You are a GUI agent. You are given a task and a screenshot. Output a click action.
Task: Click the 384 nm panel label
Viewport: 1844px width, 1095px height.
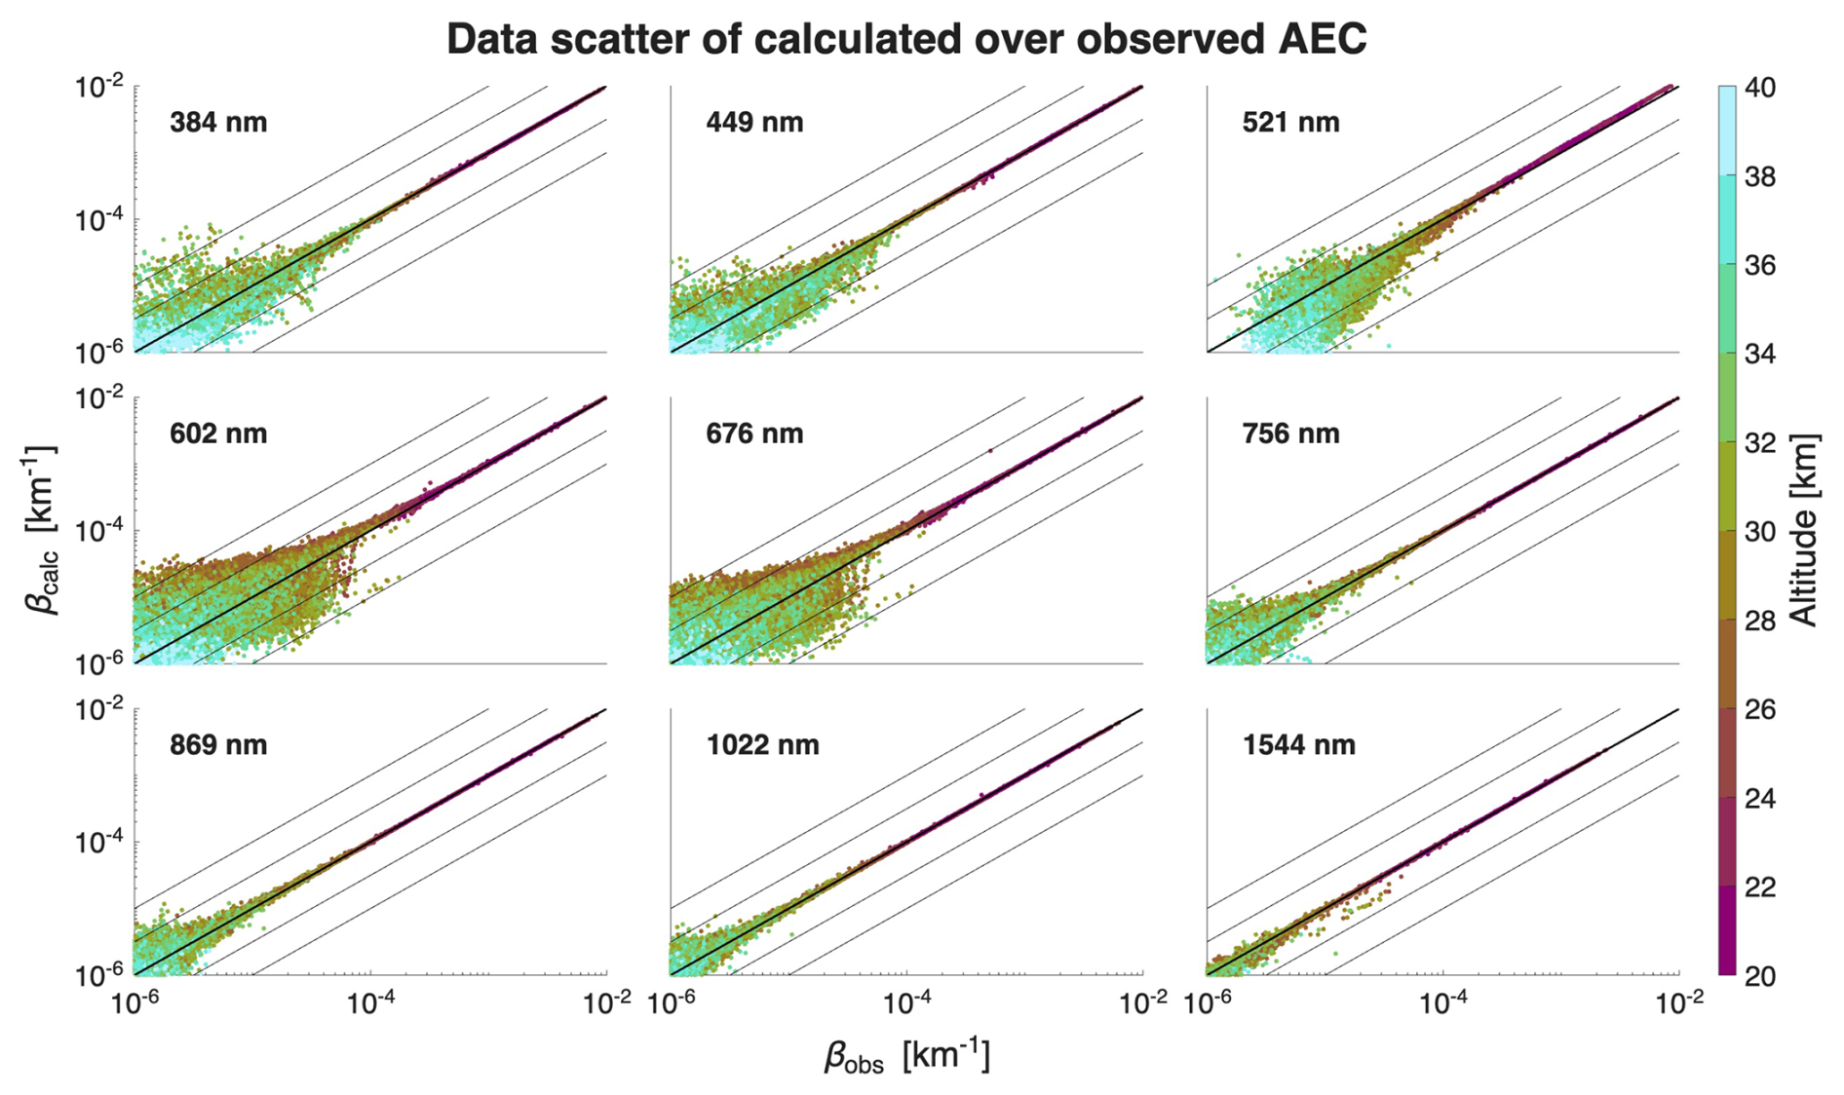(217, 123)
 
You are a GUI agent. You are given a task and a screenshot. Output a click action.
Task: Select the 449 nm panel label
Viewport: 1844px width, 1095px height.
(754, 123)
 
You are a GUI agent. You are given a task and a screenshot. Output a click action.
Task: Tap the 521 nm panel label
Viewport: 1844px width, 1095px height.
(1290, 123)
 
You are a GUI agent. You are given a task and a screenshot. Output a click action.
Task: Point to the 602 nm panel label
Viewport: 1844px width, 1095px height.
(217, 434)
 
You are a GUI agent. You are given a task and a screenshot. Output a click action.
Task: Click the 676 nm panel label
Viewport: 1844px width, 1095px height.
(754, 434)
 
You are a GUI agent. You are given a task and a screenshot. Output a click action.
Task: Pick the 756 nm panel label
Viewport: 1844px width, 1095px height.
(1290, 434)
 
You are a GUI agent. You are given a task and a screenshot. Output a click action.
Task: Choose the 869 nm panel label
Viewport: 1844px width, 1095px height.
(217, 745)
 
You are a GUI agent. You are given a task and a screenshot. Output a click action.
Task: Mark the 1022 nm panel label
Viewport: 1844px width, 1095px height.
(762, 745)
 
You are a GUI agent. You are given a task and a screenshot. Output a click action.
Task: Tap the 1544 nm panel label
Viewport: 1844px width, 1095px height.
(1298, 745)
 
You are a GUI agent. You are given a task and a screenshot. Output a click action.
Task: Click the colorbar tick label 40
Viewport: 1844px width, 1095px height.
(1759, 89)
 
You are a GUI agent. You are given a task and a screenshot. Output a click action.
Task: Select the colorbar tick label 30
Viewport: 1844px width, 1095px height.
(1759, 532)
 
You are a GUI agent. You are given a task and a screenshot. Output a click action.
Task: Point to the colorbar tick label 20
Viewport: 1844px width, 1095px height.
(1759, 976)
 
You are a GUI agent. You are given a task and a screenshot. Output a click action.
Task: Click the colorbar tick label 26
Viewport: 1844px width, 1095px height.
(1759, 710)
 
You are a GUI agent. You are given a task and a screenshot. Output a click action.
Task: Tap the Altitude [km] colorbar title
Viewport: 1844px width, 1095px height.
(1806, 531)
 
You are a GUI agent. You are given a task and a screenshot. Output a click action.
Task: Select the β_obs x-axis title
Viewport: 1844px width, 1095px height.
(906, 1057)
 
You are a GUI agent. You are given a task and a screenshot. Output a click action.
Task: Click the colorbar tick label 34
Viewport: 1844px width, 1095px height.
(1759, 355)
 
